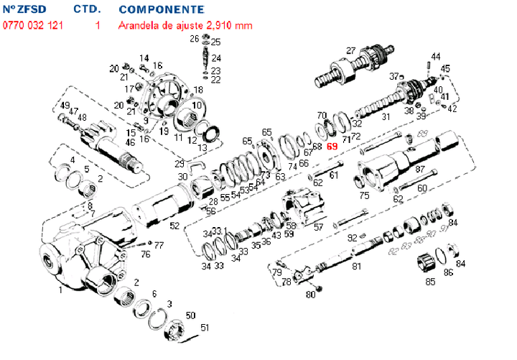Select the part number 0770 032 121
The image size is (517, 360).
32,25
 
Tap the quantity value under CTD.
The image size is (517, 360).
96,25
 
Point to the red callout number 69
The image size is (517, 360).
332,146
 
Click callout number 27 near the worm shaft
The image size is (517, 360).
350,50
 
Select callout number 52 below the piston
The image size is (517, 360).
174,226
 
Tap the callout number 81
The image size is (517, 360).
356,267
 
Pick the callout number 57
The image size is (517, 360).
319,226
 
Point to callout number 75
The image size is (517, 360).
364,194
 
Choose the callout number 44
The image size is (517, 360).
436,56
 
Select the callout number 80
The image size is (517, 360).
310,295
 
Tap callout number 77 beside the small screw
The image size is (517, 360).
159,246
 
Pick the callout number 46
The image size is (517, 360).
130,142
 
